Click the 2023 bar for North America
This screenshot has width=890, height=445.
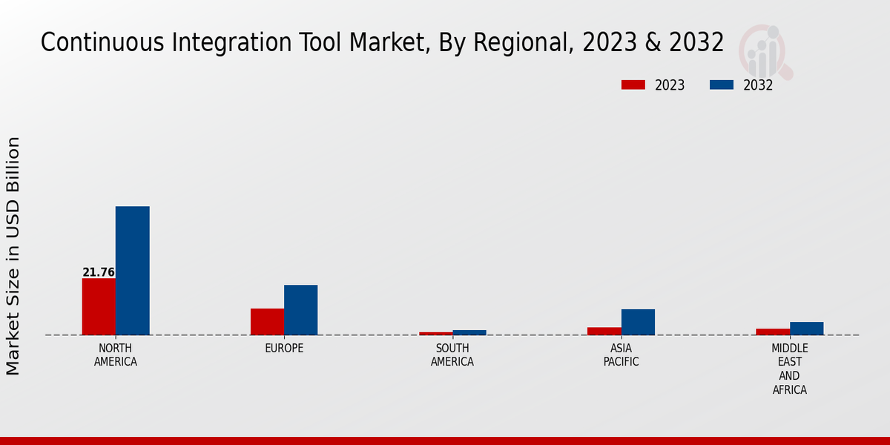click(99, 306)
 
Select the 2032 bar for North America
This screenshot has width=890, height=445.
click(132, 271)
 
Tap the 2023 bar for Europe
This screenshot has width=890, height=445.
click(267, 321)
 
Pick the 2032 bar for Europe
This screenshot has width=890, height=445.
click(300, 310)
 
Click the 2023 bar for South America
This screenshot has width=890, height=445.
click(435, 333)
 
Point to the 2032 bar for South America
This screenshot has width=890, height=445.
click(469, 332)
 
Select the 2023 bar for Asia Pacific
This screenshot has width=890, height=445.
click(604, 331)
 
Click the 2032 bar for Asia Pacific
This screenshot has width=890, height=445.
click(638, 322)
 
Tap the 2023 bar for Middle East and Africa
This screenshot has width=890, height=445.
click(773, 332)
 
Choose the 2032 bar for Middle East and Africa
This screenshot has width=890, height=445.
click(806, 328)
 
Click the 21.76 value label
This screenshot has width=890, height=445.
click(99, 272)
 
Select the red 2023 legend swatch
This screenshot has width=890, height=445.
click(633, 85)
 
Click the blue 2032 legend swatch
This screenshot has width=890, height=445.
click(722, 85)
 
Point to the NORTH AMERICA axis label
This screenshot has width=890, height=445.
click(116, 355)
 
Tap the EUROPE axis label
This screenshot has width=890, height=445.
click(284, 349)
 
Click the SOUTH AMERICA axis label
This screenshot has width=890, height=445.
click(452, 355)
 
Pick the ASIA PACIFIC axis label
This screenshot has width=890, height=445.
click(621, 355)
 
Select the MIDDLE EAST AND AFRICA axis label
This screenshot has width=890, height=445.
click(790, 369)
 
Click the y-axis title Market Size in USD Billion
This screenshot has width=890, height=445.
click(13, 256)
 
